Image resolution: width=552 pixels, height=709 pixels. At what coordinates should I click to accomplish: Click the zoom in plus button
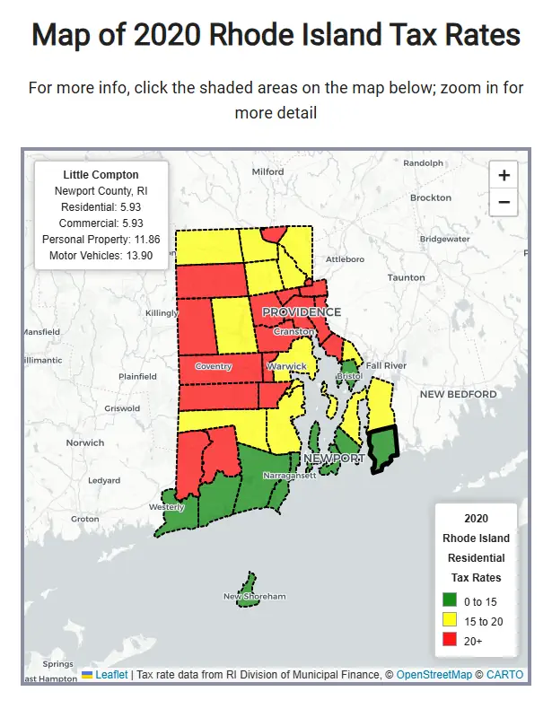[x=504, y=175]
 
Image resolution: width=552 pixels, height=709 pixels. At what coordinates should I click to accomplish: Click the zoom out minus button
[x=504, y=203]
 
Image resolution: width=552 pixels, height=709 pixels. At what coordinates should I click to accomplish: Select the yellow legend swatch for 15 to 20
[x=451, y=621]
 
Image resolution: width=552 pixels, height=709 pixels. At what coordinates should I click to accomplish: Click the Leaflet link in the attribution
[x=111, y=675]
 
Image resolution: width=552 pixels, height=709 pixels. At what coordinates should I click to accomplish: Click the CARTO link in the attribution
[x=504, y=675]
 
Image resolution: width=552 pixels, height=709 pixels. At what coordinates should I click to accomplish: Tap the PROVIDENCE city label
[x=302, y=312]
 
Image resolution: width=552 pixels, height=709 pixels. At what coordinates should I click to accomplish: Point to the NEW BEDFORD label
[x=459, y=394]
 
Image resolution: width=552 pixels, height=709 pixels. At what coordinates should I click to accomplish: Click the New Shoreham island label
[x=254, y=596]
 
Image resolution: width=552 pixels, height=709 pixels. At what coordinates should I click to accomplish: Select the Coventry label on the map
[x=214, y=366]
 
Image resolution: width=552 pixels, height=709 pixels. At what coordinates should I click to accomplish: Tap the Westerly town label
[x=166, y=507]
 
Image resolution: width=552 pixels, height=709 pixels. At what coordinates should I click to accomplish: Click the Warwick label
[x=287, y=366]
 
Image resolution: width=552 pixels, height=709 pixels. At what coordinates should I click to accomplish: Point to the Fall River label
[x=386, y=365]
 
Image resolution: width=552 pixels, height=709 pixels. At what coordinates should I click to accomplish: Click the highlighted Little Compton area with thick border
[x=383, y=449]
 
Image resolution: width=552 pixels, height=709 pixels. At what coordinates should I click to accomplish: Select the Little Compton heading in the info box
[x=101, y=174]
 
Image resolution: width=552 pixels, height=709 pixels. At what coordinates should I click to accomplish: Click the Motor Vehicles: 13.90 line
[x=101, y=256]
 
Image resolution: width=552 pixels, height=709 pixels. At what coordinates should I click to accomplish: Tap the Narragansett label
[x=288, y=476]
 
